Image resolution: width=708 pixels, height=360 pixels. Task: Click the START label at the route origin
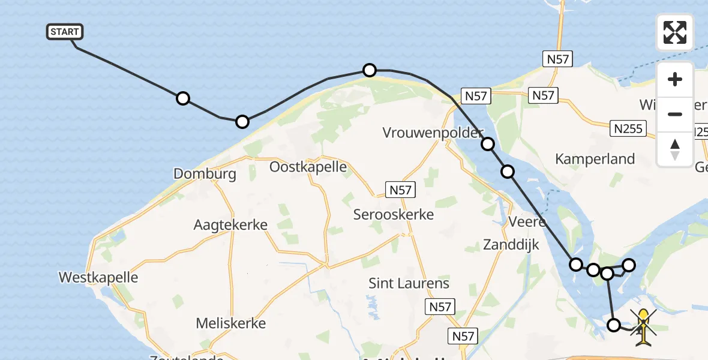[x=65, y=32]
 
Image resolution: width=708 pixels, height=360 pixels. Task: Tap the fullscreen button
[x=675, y=32]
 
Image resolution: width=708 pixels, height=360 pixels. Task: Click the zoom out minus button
[x=675, y=114]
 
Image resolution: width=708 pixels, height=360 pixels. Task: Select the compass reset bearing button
[x=675, y=149]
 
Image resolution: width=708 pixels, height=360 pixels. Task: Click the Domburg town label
[x=205, y=174]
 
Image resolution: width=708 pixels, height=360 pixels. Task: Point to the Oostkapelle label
[x=308, y=167]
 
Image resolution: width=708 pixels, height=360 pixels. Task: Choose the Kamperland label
[x=595, y=159]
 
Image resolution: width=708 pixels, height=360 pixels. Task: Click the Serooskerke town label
[x=393, y=214]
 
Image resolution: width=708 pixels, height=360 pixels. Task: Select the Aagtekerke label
[x=230, y=225]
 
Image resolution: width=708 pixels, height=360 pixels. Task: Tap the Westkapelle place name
[x=98, y=277]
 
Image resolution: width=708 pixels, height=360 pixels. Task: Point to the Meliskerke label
[x=230, y=323]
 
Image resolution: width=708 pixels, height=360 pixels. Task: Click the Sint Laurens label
[x=409, y=283]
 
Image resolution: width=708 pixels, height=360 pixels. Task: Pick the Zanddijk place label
[x=511, y=244]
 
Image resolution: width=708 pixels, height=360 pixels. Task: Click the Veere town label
[x=527, y=222]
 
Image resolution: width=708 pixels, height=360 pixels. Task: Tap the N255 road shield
[x=628, y=128]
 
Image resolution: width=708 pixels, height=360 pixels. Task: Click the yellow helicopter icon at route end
[x=643, y=327]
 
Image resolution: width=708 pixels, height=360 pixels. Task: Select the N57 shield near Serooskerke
[x=400, y=190]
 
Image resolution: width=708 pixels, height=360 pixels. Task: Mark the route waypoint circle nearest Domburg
[x=242, y=122]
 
